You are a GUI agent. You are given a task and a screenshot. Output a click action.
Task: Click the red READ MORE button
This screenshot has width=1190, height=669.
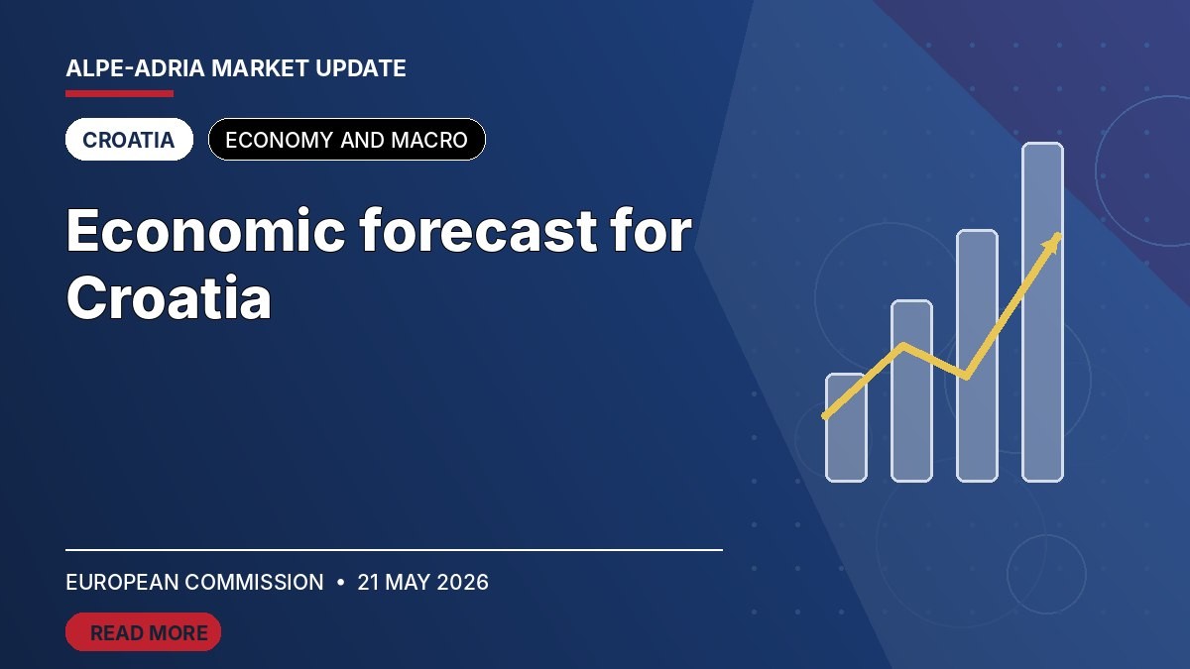[143, 632]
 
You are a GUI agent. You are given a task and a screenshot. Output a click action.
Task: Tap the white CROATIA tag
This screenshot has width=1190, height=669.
[129, 140]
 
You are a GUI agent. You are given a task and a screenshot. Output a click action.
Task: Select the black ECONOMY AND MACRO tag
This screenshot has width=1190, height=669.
[347, 140]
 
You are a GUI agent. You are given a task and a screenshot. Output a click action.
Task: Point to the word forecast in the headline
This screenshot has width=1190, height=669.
[479, 229]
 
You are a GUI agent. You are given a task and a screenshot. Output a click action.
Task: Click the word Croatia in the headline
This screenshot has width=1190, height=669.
[169, 297]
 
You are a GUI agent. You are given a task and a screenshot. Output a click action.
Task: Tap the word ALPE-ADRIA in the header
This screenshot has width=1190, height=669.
[136, 68]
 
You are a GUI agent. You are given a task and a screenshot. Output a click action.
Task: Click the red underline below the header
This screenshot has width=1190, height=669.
[120, 94]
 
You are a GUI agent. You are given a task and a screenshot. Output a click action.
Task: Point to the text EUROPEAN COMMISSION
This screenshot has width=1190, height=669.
[194, 583]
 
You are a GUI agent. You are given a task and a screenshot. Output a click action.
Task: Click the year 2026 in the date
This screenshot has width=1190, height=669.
[462, 583]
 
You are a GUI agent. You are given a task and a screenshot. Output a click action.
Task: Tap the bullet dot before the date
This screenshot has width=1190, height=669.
[340, 583]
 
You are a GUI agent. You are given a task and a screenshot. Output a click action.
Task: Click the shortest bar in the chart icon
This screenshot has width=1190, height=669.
[846, 428]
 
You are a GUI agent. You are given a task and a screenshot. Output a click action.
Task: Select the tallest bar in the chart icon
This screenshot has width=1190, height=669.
[1043, 312]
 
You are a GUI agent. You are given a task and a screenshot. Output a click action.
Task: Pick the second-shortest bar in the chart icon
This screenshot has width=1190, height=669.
[911, 391]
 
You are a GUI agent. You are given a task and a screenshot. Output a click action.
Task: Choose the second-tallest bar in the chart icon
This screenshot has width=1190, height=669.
[977, 356]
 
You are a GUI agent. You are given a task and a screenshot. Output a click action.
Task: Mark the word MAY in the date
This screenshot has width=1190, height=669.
[408, 583]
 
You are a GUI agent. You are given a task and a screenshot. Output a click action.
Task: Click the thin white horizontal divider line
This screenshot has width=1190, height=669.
[395, 550]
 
